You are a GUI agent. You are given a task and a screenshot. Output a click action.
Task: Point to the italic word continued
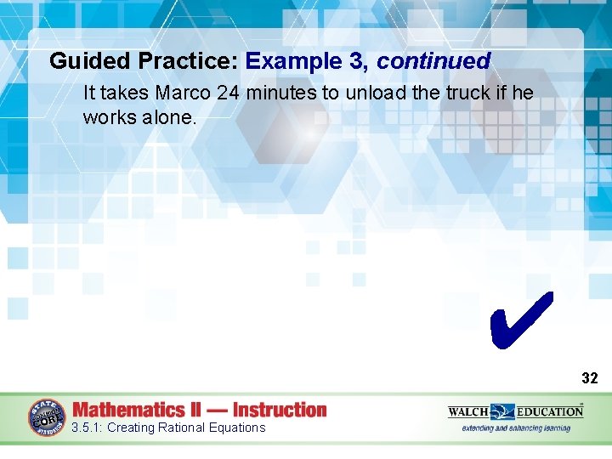433,61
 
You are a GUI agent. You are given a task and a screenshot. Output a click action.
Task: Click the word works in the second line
107,117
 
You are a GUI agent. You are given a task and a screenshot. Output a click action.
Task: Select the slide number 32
589,378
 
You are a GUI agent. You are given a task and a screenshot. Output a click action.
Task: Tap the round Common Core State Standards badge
48,417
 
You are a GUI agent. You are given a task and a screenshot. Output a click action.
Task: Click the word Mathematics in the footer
128,410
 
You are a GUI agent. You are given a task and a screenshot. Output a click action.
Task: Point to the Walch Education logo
515,411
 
